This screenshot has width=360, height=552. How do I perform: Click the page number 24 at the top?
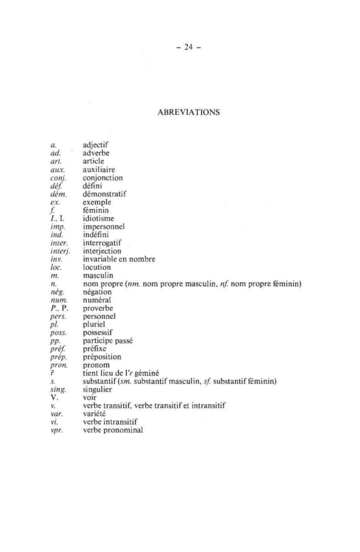tap(189, 47)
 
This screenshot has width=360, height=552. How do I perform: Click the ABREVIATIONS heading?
tap(188, 112)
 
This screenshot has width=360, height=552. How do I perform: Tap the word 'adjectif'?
tap(96, 145)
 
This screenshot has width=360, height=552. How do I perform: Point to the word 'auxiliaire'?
tap(99, 170)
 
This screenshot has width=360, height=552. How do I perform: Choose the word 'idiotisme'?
tap(98, 218)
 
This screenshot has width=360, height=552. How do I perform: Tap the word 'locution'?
tap(97, 267)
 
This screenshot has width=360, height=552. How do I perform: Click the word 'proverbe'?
tap(98, 308)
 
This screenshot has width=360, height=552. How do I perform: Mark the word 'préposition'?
tap(102, 357)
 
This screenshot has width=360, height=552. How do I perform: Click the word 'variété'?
tap(94, 414)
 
